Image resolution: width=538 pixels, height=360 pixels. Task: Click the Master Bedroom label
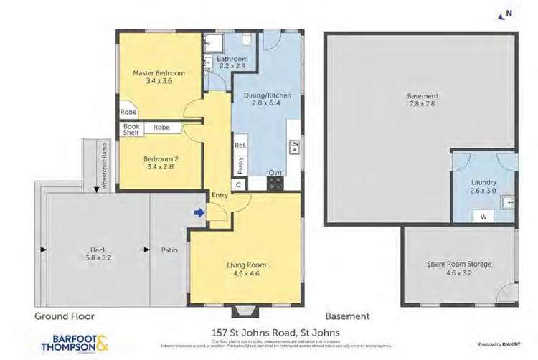[x=159, y=73]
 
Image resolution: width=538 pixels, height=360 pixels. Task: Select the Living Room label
[x=246, y=265]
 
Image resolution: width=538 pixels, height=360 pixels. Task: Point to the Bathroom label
[x=232, y=59]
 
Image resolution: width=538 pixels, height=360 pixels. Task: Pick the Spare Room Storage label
[x=459, y=264]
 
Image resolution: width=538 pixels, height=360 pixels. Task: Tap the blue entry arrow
[x=199, y=212]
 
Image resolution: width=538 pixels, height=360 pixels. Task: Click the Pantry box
[x=240, y=164]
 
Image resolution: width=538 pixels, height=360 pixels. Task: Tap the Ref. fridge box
[x=240, y=144]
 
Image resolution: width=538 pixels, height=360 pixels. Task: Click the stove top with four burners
[x=275, y=183]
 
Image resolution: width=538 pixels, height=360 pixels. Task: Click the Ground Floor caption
[x=65, y=316]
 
